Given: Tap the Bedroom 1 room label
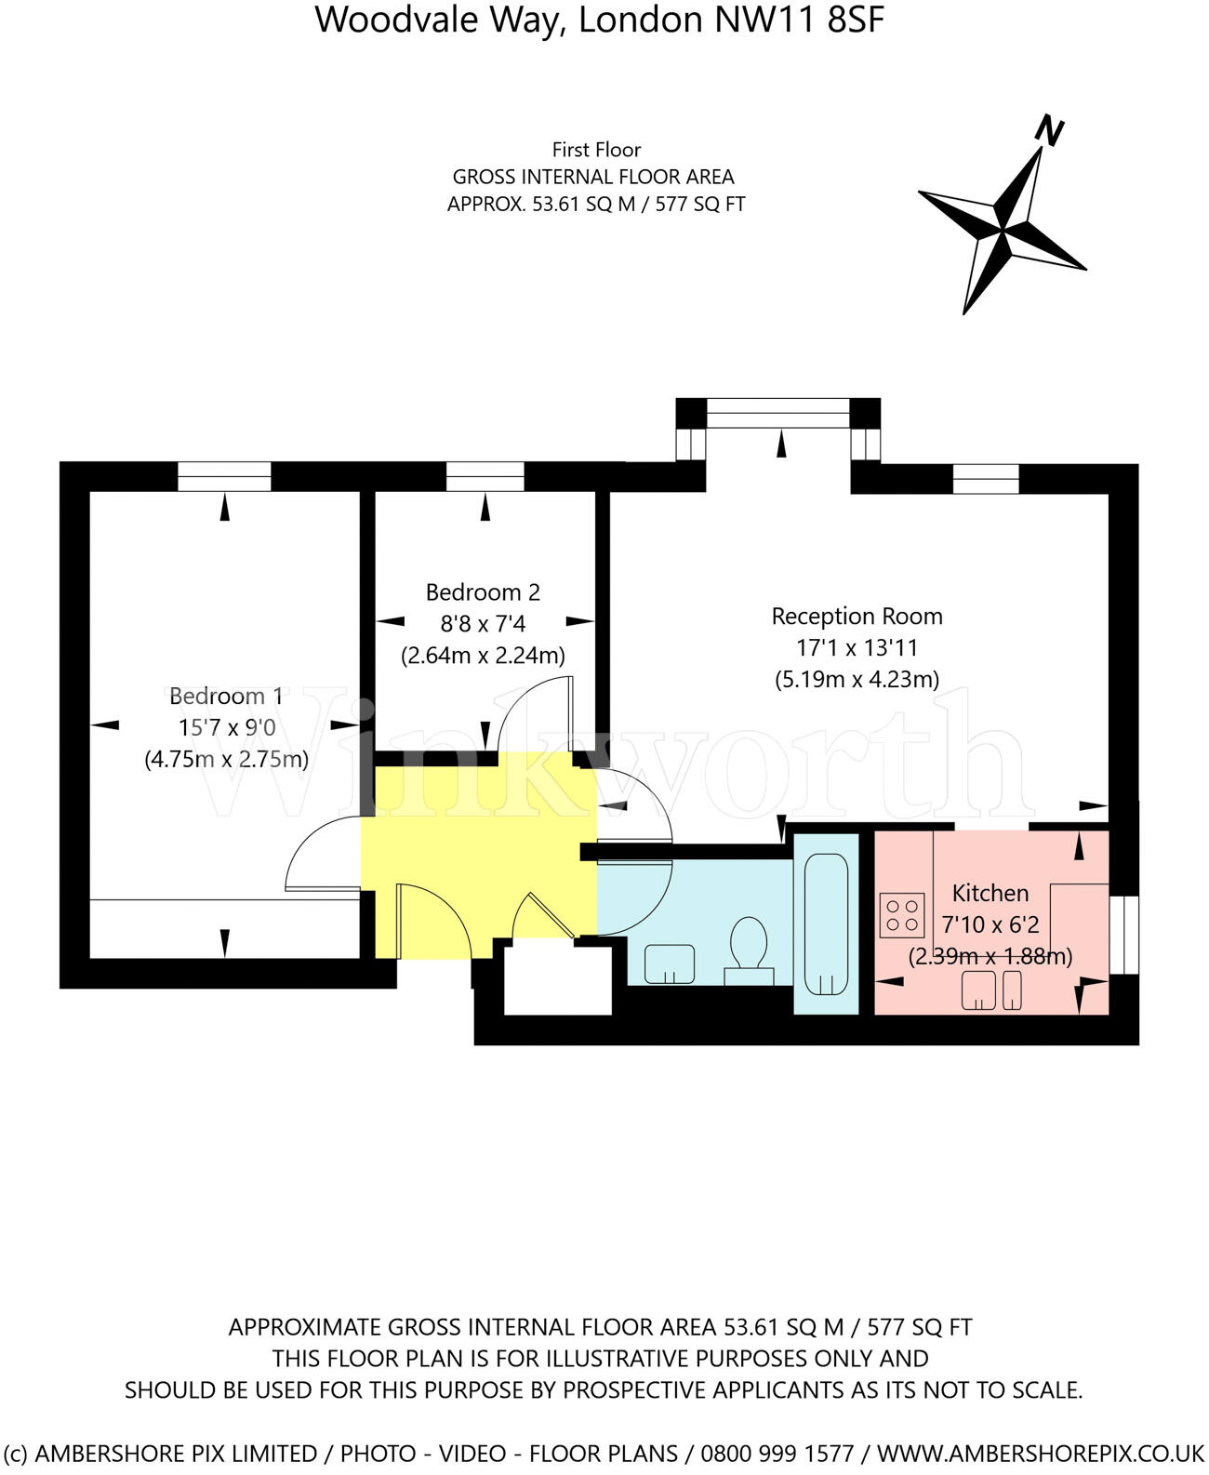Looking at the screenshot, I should pos(225,696).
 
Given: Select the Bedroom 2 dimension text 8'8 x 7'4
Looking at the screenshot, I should pos(483,623).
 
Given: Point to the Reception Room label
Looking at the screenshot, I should pos(857,616).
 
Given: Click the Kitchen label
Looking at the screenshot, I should pos(990,893).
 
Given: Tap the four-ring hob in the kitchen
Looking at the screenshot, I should pos(902,913).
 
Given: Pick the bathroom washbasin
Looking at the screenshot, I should pos(669,963).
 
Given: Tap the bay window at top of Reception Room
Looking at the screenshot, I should pos(778,413).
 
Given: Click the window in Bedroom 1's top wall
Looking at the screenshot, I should pos(224,476).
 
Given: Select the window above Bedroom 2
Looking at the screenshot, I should pos(485,476).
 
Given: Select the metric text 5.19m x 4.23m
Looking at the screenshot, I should pos(857,679).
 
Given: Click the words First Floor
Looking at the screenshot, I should pos(596,149).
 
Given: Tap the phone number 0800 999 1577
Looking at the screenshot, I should pos(777,1453).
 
